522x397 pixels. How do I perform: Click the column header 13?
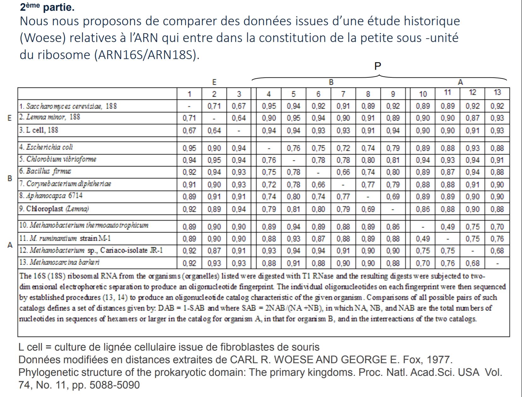click(x=497, y=93)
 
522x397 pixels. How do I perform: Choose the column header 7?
click(x=343, y=94)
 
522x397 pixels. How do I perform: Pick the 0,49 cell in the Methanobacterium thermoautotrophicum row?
click(x=448, y=227)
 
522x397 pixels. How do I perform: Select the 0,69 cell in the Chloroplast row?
click(x=368, y=209)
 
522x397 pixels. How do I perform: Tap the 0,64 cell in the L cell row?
click(x=214, y=130)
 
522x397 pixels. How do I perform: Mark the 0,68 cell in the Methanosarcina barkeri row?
click(x=472, y=263)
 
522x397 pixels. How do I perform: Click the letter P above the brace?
click(x=378, y=66)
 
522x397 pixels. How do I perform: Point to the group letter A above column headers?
click(x=460, y=82)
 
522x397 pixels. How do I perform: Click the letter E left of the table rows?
click(x=9, y=118)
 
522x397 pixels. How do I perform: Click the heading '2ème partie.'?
click(x=47, y=7)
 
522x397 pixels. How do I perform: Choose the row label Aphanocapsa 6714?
click(x=50, y=196)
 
